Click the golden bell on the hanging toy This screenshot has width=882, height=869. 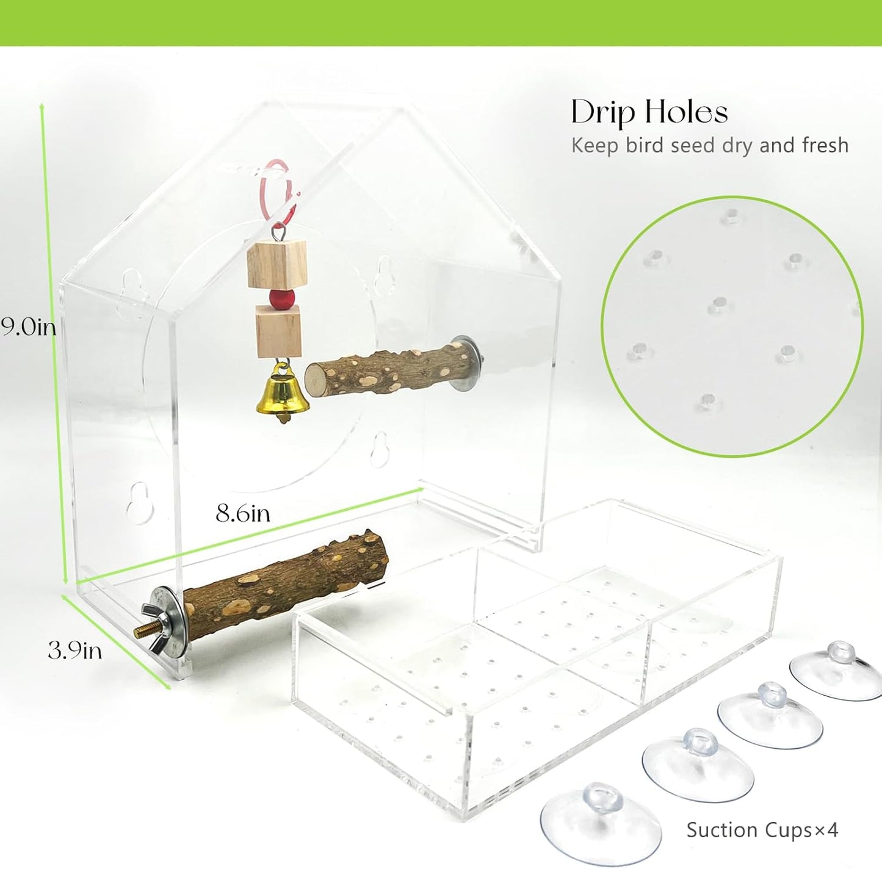282,392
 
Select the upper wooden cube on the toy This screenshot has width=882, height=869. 277,265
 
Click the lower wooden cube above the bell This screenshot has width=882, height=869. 278,332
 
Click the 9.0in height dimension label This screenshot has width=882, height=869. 28,326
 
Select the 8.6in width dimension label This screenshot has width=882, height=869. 243,513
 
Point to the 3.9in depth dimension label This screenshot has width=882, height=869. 75,651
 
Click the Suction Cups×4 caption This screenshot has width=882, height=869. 762,830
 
